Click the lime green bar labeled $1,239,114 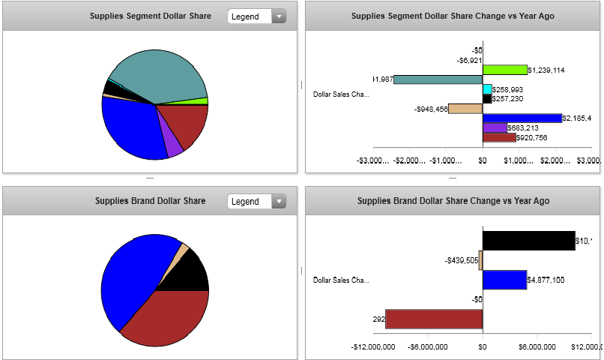pos(504,70)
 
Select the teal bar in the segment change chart pos(438,79)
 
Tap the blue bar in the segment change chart pos(522,118)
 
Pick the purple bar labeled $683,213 pos(495,127)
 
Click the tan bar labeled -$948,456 pos(465,109)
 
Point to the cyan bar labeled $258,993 pos(487,89)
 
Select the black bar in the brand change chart pos(528,241)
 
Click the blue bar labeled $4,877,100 pos(504,280)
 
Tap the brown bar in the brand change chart pos(434,319)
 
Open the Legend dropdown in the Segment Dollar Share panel pos(257,16)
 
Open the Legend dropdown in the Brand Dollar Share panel pos(257,201)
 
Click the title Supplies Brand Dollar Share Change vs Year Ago pos(453,201)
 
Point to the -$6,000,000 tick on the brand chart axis pos(427,346)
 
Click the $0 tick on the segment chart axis pos(483,160)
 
